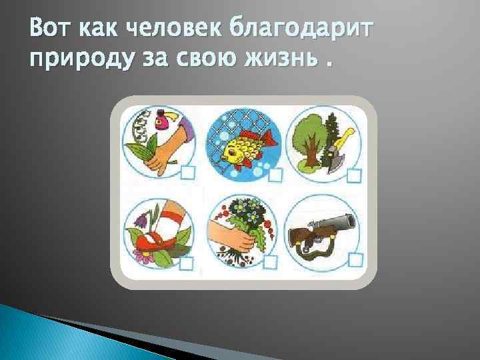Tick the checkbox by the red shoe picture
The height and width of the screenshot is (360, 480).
coord(187,264)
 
